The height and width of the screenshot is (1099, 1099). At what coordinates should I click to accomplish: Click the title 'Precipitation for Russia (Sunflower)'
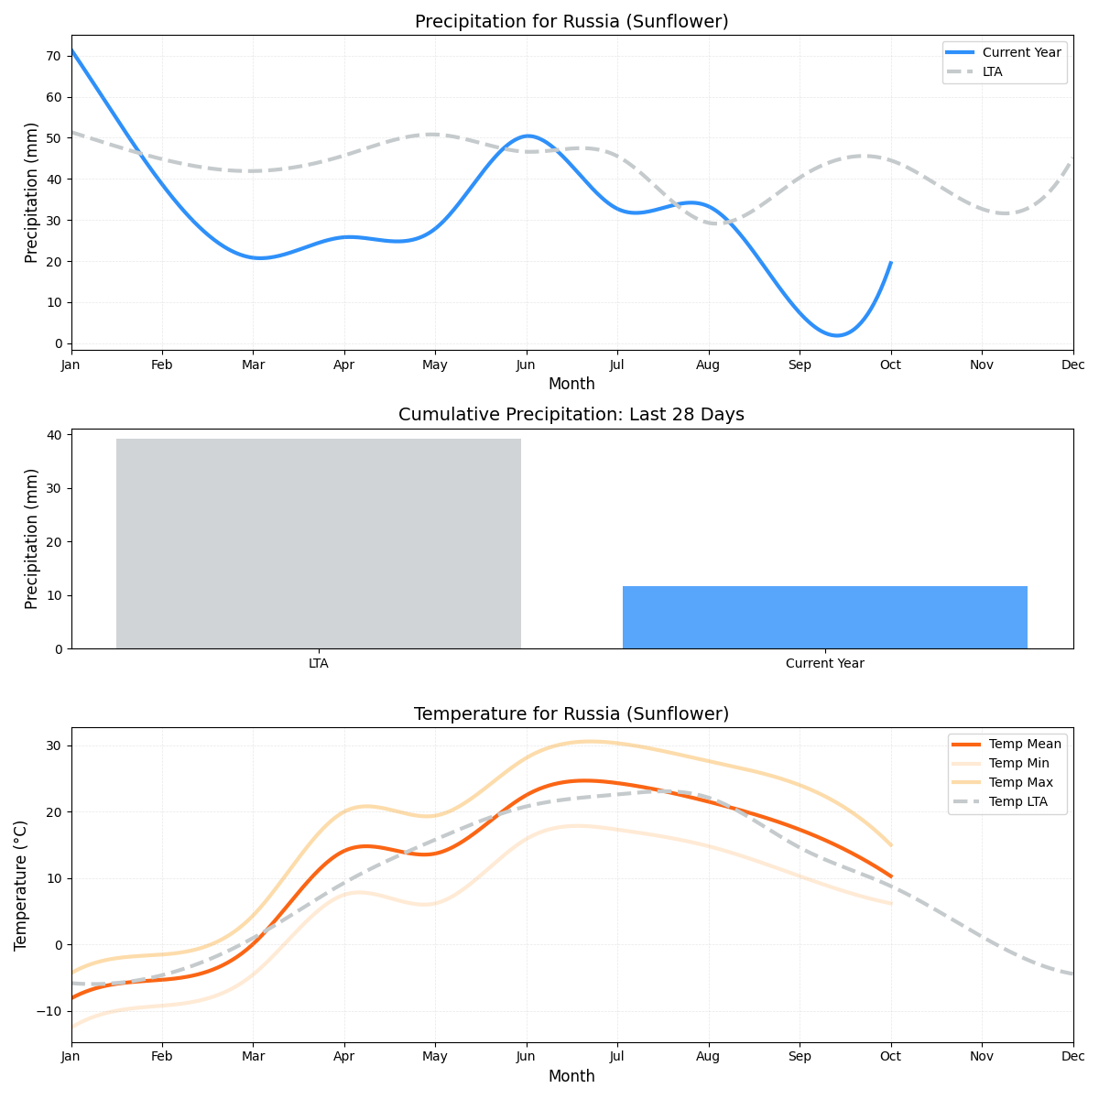(571, 22)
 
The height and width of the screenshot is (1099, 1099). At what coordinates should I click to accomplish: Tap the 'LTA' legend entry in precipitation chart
(992, 71)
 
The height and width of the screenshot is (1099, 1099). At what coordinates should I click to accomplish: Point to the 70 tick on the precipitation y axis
(53, 56)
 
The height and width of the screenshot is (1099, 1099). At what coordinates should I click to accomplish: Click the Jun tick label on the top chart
(526, 365)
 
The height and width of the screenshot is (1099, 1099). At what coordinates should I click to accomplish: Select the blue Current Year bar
(824, 617)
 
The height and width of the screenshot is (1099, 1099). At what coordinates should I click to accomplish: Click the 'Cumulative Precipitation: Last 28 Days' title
(571, 415)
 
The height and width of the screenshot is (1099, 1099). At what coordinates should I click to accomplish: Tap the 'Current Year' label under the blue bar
(824, 664)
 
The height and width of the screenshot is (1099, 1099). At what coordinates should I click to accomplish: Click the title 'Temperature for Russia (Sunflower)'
(571, 714)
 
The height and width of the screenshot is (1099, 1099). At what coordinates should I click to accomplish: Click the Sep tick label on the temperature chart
(800, 1057)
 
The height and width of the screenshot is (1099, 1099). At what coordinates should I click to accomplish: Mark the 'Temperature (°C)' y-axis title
(21, 885)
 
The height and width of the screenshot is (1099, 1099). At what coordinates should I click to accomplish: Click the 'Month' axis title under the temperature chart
(571, 1077)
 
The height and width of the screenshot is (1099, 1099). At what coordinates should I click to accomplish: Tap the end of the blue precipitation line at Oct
(890, 263)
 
